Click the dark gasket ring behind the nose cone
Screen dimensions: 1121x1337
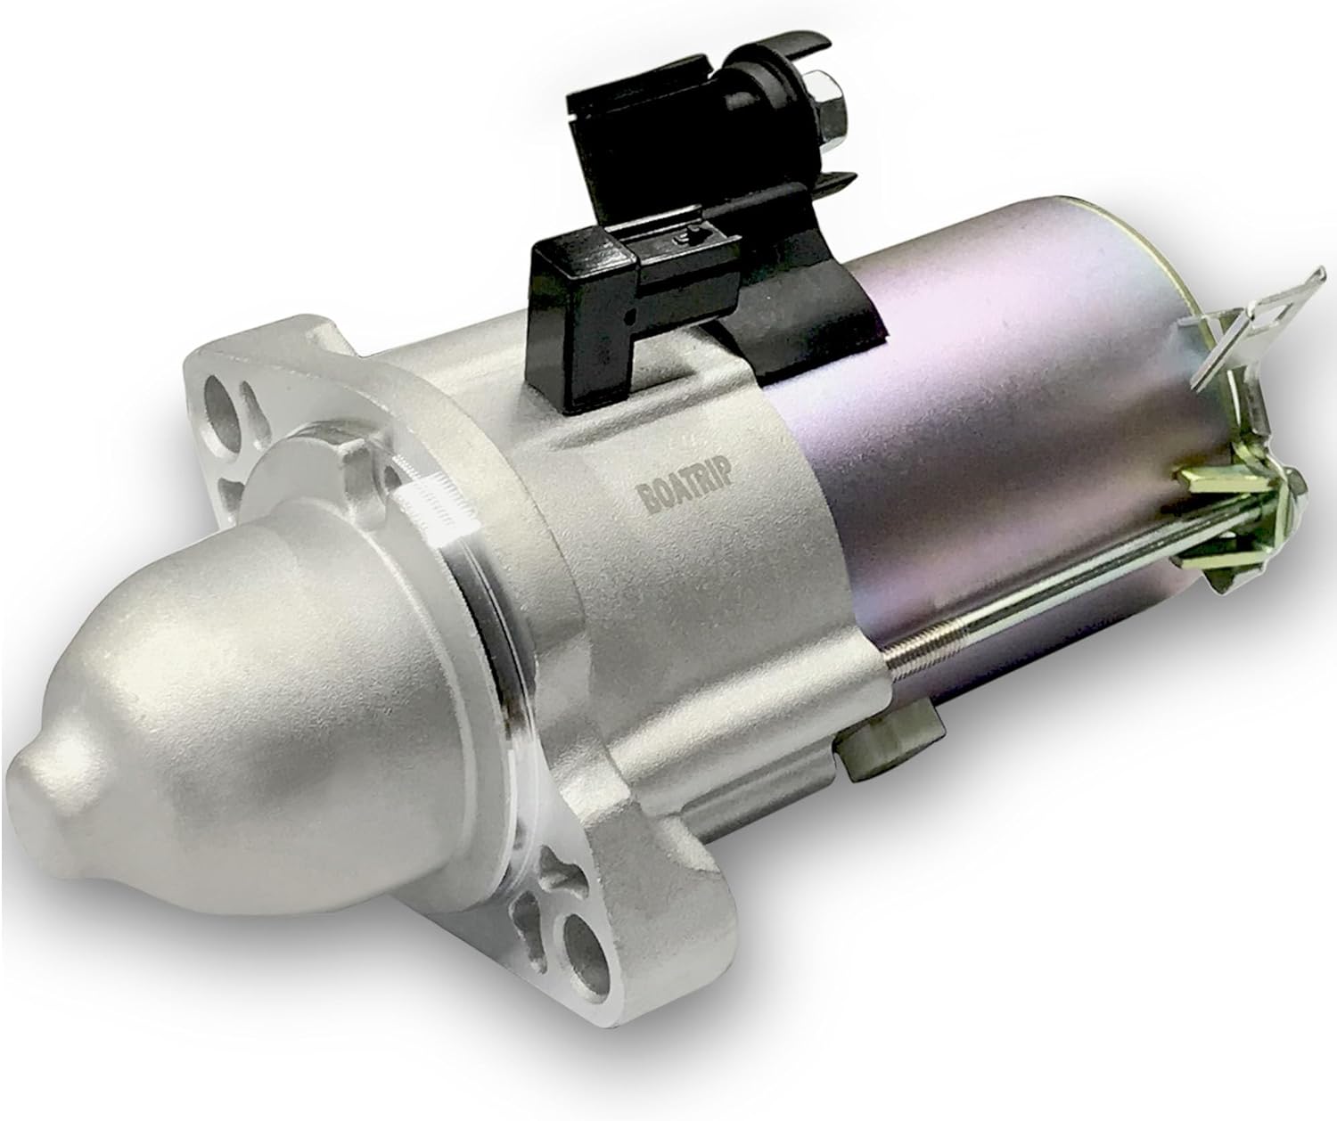click(x=499, y=677)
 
